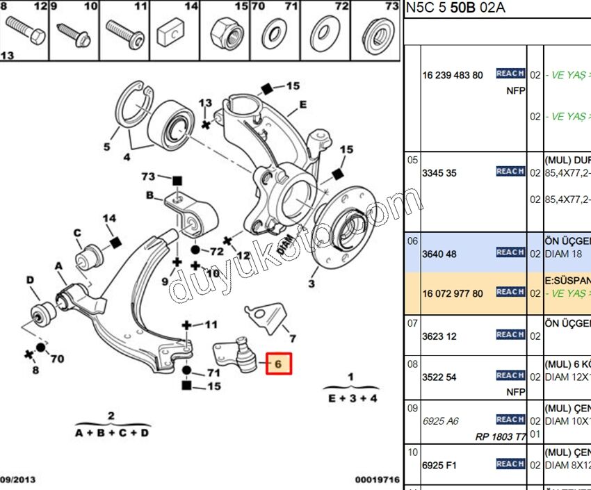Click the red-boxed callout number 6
pos(278,364)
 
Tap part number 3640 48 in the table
pos(439,254)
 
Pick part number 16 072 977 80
pos(453,293)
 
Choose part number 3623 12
pos(439,336)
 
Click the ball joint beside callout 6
pos(243,354)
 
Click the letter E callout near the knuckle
pos(302,106)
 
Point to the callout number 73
pos(148,177)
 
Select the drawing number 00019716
pos(378,480)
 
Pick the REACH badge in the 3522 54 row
pos(510,375)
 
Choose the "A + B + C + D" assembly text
pos(112,432)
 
